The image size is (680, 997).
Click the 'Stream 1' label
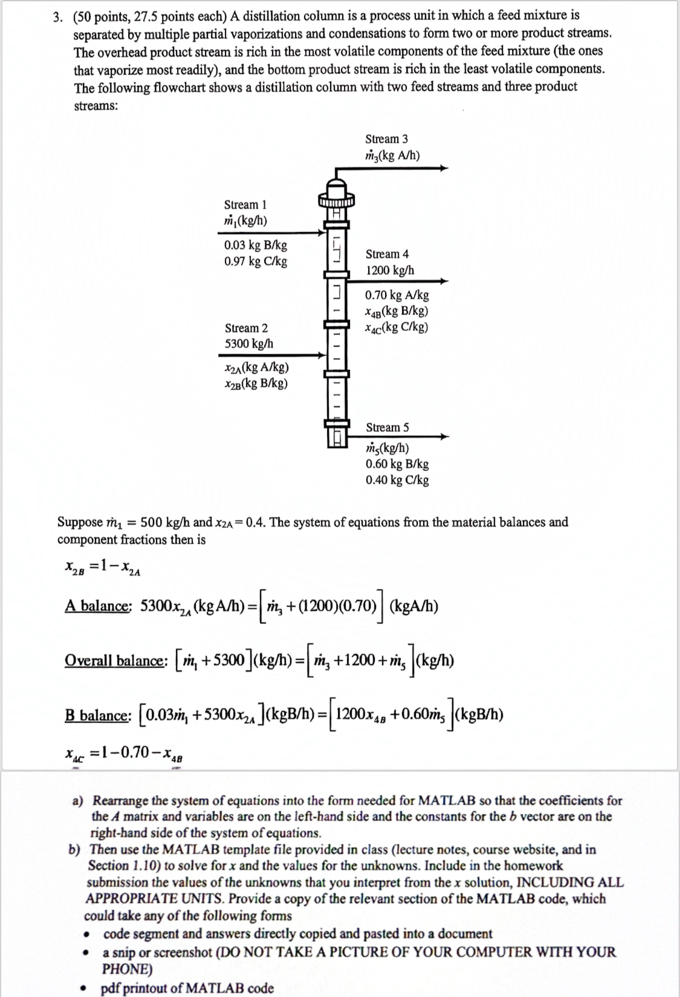(x=245, y=205)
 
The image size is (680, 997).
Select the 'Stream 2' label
(x=246, y=328)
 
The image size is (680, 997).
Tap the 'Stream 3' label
(x=386, y=139)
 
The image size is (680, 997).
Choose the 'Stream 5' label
(x=387, y=427)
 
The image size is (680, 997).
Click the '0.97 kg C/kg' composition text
(x=255, y=261)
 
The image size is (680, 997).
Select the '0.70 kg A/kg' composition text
(x=397, y=295)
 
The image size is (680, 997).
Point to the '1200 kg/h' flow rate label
(x=390, y=270)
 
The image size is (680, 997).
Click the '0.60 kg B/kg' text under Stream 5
(x=397, y=464)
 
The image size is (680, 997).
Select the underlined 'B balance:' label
(x=97, y=715)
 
